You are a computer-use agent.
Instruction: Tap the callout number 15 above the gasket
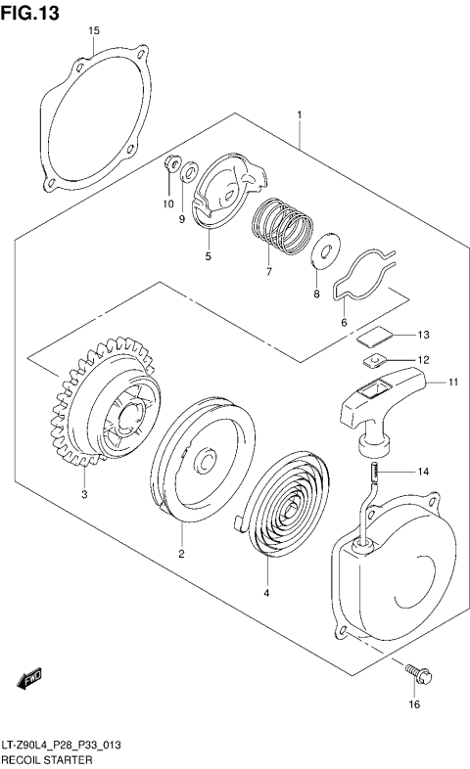pos(94,31)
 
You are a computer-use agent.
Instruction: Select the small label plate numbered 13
pos(370,337)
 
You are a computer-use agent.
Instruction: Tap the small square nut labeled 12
pos(371,362)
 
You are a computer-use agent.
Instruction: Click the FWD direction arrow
pos(28,676)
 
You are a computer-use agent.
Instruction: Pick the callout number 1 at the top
pos(300,115)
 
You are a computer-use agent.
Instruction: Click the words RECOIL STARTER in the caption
pos(47,759)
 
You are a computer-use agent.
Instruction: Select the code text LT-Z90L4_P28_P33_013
pos(60,746)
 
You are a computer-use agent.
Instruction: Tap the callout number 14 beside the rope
pos(423,472)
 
